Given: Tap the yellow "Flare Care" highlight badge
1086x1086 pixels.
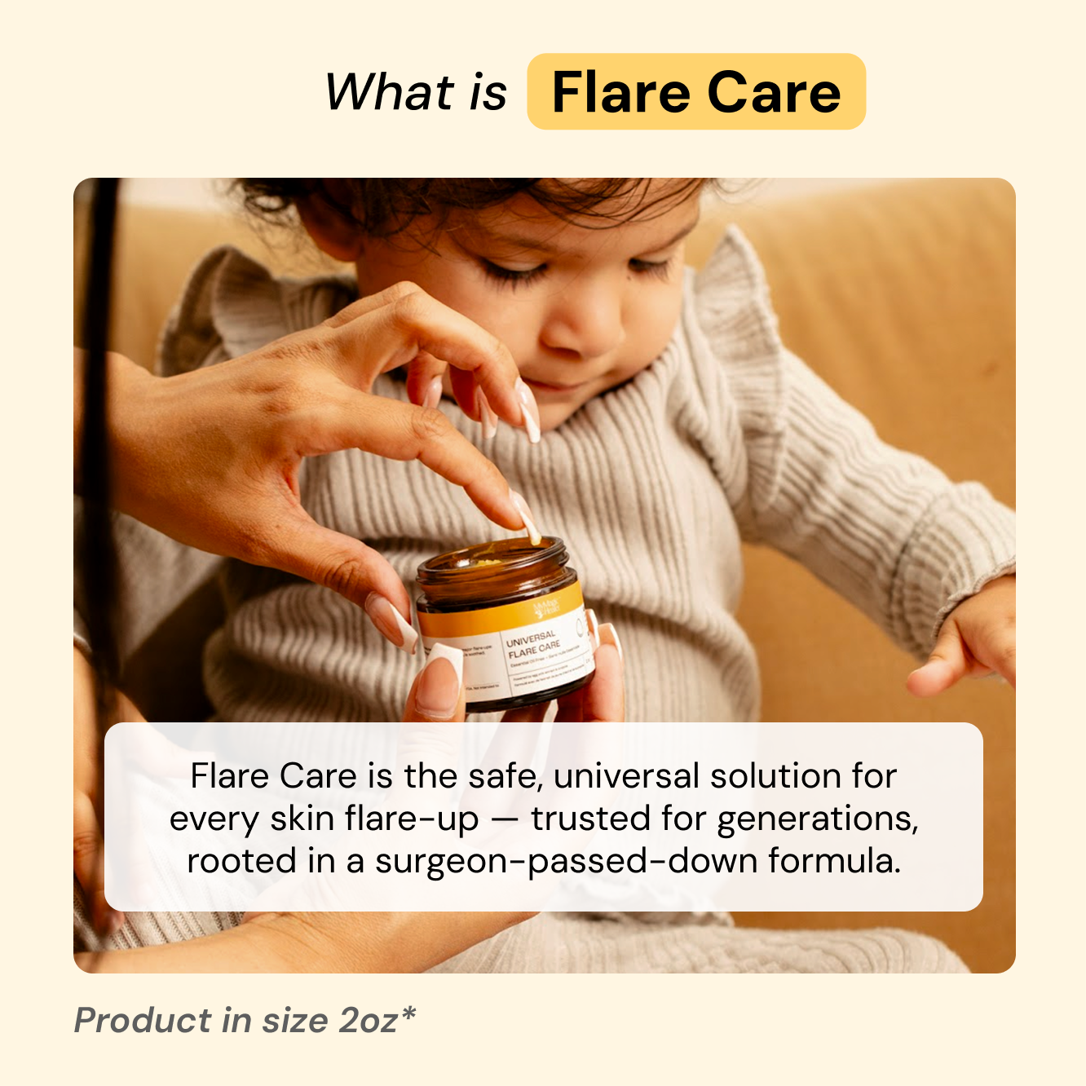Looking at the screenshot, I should coord(695,92).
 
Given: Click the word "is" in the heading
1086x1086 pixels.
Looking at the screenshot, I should coord(488,91).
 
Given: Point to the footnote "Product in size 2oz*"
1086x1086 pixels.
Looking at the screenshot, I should coord(245,1020).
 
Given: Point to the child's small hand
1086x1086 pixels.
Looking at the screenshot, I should coord(962,644).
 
